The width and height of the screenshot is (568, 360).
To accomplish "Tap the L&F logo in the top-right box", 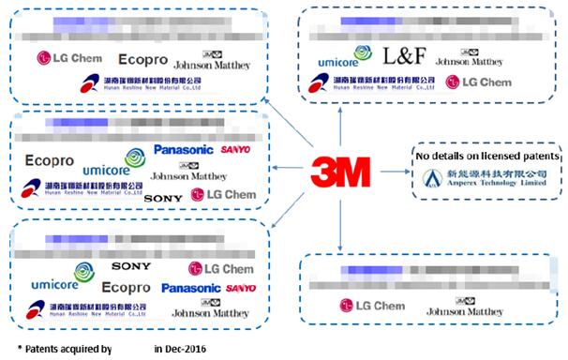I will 406,56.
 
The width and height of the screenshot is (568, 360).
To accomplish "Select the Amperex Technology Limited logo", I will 487,178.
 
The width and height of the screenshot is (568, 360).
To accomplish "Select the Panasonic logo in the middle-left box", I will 184,150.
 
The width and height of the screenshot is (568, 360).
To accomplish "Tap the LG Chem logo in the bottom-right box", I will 372,306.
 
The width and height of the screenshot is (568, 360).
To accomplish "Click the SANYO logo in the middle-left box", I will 236,150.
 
